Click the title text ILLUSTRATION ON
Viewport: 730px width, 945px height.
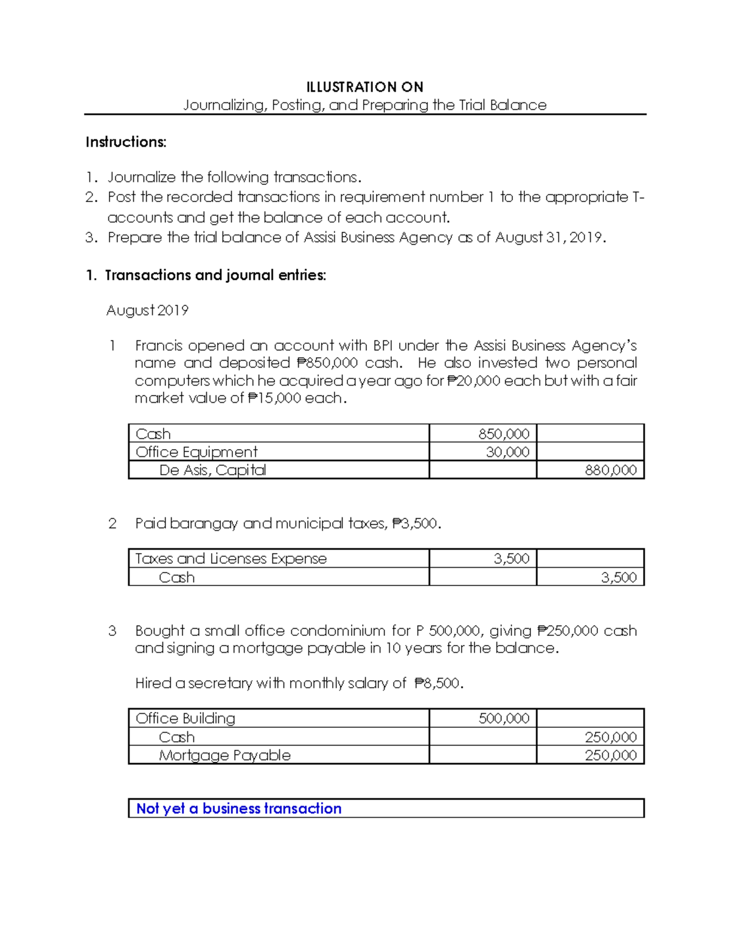[364, 86]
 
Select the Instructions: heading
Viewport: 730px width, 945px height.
[126, 142]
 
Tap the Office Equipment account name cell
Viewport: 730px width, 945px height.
[196, 452]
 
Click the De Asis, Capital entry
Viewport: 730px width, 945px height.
[212, 470]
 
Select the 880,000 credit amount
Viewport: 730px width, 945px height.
[610, 470]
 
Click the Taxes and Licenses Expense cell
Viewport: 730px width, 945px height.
[231, 559]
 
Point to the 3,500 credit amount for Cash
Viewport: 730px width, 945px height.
[618, 577]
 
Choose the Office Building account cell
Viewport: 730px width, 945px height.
[185, 718]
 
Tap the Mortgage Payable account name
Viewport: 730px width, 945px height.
[224, 755]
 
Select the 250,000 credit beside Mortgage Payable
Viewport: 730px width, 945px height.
[610, 755]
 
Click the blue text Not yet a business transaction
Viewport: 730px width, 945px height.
[238, 808]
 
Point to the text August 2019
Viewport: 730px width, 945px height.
[147, 310]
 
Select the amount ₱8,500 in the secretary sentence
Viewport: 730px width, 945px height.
[437, 683]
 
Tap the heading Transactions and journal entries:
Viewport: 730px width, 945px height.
[215, 275]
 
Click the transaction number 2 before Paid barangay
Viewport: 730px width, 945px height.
[112, 523]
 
